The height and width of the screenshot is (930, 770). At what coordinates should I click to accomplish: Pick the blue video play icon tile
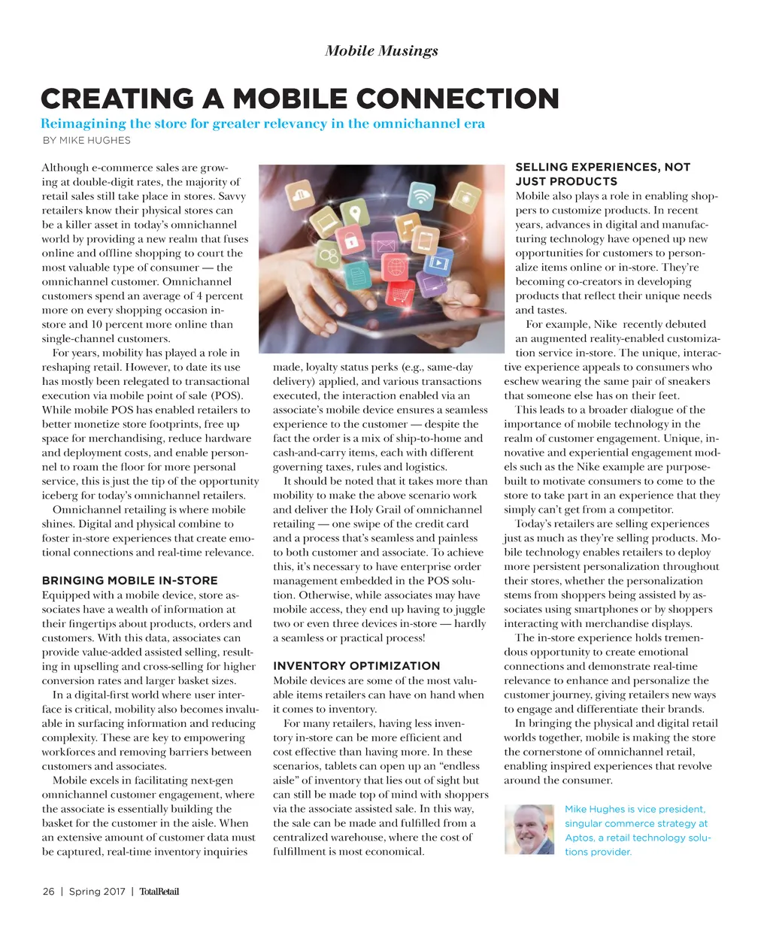click(x=438, y=262)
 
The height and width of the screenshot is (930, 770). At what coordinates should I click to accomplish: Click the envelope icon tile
click(x=385, y=245)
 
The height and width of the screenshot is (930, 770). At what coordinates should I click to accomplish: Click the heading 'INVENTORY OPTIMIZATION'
click(x=356, y=666)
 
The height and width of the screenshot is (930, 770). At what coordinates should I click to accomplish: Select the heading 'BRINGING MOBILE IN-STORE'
click(x=129, y=581)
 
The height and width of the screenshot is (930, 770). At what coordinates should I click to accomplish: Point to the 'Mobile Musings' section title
click(x=381, y=51)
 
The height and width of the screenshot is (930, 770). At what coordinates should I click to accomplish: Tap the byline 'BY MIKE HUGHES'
click(x=86, y=141)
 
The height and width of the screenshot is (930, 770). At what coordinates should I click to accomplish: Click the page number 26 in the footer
click(x=48, y=892)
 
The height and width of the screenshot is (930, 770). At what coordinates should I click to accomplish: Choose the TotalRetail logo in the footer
click(x=159, y=892)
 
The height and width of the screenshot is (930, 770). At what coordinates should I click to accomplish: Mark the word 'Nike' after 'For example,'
click(x=605, y=325)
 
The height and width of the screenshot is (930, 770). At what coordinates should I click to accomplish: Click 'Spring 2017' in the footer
click(x=97, y=892)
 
